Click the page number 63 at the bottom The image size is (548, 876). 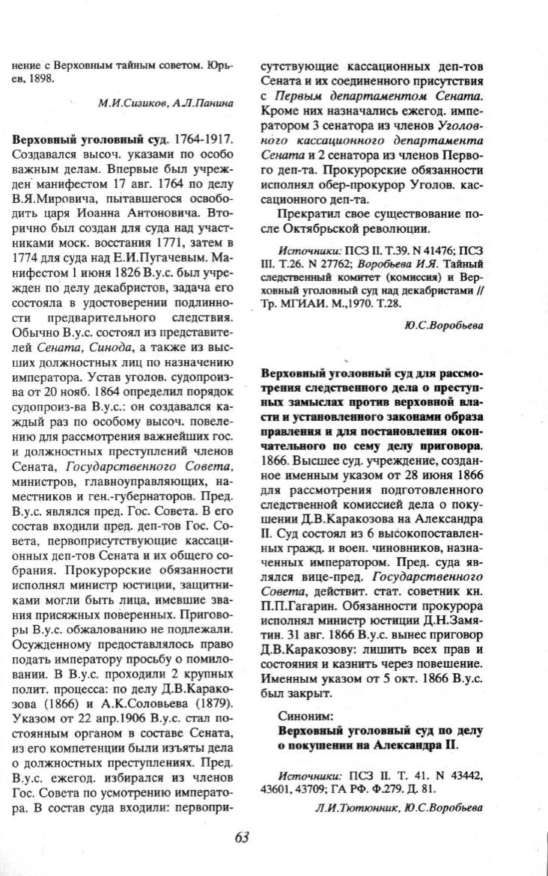coord(241,836)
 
